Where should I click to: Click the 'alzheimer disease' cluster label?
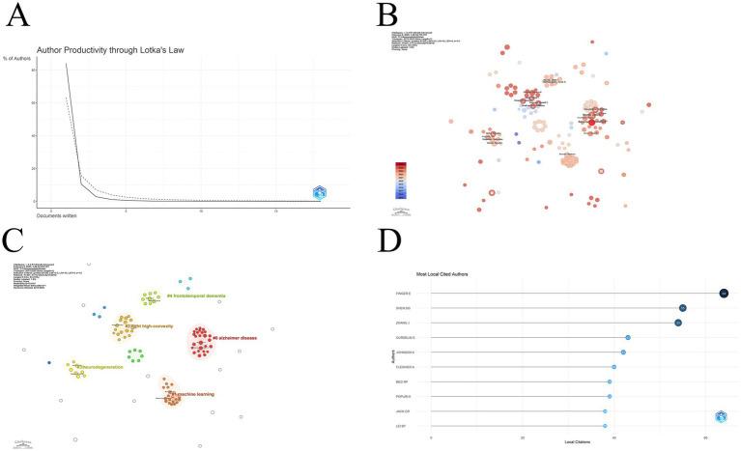click(241, 338)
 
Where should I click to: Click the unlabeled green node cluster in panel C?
click(136, 354)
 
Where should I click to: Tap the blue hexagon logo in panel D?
click(720, 416)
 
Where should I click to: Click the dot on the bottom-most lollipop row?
click(605, 425)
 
